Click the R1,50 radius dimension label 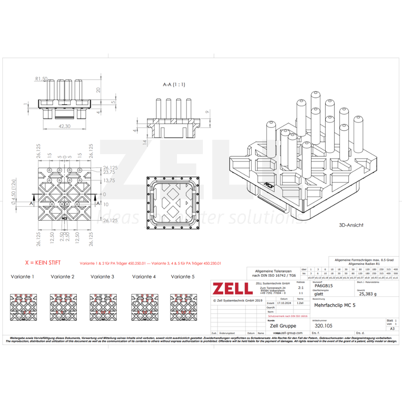(41, 79)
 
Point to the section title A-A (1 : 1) (174, 85)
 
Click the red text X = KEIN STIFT (43, 263)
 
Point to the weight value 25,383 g (368, 294)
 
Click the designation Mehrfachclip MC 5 (334, 305)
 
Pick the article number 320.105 (324, 326)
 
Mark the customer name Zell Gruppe (283, 326)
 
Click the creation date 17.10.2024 (284, 304)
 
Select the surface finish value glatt (318, 294)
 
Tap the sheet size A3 (392, 329)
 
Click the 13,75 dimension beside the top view (109, 181)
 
